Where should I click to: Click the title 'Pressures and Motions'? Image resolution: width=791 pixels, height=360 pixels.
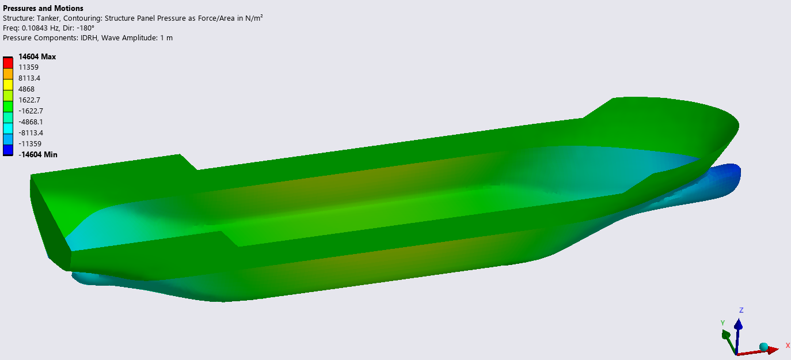tap(43, 8)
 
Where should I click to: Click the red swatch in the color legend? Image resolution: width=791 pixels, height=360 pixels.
tap(8, 63)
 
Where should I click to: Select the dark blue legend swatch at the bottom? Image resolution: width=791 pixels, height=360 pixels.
tap(8, 150)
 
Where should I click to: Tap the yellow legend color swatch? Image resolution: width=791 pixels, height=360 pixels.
tap(8, 85)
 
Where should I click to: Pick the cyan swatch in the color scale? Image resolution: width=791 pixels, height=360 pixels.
tap(8, 128)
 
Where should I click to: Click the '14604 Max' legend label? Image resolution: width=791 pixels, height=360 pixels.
tap(37, 57)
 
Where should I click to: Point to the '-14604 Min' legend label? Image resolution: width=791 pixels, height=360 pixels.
tap(38, 155)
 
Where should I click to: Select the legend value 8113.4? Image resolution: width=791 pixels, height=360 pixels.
tap(29, 78)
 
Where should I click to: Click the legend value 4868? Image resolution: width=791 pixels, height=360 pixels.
tap(26, 89)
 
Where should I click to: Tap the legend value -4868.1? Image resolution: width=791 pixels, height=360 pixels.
tap(31, 122)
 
